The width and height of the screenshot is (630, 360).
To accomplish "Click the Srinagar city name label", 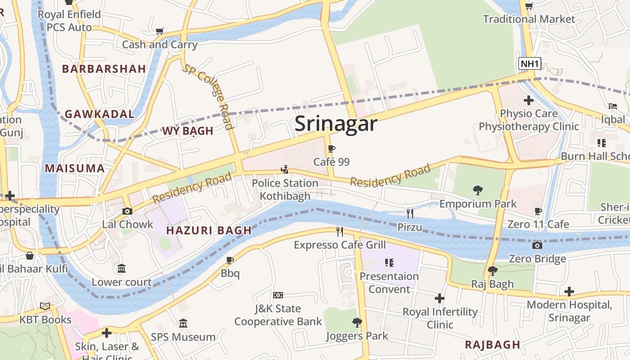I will point(336,124).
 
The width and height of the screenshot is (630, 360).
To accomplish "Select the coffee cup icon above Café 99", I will point(332,149).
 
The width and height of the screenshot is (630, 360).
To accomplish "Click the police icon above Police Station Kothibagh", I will point(284,170).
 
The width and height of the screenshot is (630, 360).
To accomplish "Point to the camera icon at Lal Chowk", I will point(127,211).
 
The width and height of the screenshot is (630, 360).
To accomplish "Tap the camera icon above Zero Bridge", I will point(537,245).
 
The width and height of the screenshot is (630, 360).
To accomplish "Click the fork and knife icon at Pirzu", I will point(409,213).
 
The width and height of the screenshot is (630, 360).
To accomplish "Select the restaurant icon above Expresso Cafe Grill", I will point(340,231).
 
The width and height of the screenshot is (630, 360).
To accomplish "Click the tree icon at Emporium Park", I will point(478,190).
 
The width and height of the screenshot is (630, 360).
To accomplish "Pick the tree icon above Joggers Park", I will point(357,322).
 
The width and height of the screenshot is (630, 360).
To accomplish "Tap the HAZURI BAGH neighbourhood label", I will point(209,230).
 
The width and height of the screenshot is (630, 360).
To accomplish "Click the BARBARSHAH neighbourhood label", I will point(104,69).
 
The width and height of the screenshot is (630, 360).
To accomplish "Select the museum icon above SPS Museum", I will point(183,324).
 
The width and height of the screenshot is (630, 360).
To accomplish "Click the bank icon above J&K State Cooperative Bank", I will point(278,295).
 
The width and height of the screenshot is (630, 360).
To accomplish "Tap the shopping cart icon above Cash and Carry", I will point(159,31).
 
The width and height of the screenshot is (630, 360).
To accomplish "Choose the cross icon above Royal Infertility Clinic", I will point(440,298).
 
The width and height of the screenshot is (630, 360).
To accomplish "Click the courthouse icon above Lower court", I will point(121,269).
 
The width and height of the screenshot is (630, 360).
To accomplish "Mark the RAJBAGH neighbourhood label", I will point(492,345).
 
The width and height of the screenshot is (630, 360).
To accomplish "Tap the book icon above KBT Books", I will point(45,306).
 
